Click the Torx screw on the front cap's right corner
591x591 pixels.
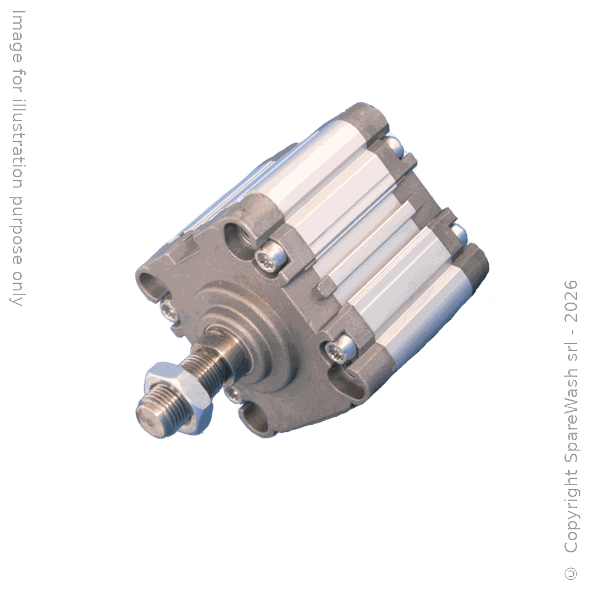point(339,348)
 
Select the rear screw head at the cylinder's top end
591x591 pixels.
point(394,147)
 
